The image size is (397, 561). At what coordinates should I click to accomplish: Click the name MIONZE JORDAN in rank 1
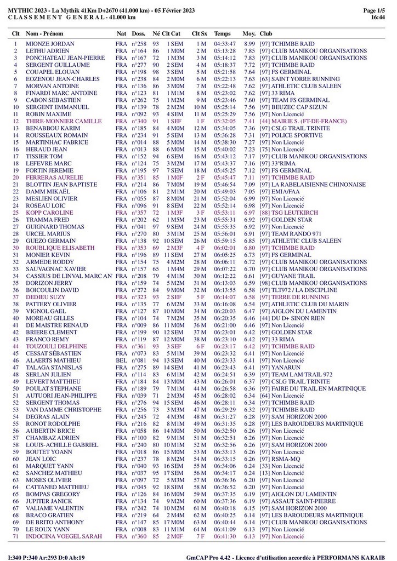click(x=50, y=44)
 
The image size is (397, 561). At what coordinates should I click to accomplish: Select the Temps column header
click(x=222, y=33)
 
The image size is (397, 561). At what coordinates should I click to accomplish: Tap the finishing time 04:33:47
click(x=225, y=44)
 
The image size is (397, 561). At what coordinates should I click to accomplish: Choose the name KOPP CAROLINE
click(x=49, y=213)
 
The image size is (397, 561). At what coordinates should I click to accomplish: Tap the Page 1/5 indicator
click(x=374, y=10)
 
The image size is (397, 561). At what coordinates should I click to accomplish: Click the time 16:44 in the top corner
click(x=378, y=18)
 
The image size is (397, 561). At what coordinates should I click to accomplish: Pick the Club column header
click(x=266, y=33)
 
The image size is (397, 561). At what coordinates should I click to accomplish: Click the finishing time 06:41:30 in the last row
click(x=225, y=536)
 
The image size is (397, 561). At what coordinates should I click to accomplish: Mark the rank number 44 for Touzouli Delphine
click(x=16, y=347)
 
